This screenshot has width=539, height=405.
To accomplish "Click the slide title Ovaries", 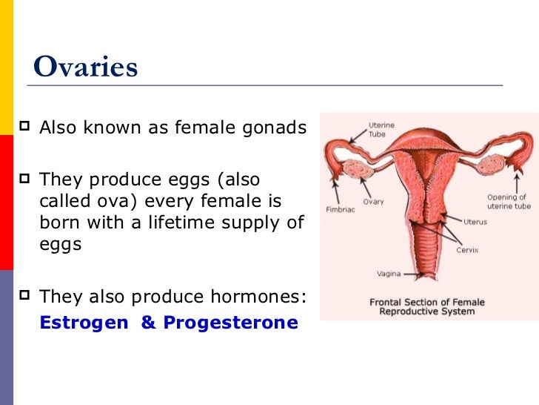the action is click(x=86, y=66).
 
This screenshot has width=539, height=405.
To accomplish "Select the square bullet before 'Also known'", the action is click(x=24, y=125).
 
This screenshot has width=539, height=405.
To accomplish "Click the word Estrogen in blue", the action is click(x=84, y=323).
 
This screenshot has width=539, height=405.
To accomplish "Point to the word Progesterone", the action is click(x=231, y=323).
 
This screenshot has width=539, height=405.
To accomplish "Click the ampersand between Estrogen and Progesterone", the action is click(x=148, y=322).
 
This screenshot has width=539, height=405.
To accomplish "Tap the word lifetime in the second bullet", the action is click(x=181, y=222).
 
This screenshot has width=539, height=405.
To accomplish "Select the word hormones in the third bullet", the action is click(x=258, y=296).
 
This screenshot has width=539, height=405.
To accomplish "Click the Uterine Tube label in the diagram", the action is click(x=381, y=130).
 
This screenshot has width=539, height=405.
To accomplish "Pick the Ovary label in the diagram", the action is click(x=373, y=202).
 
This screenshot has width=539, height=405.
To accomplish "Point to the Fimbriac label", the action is click(x=341, y=209).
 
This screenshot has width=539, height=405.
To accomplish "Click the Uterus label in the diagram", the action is click(x=475, y=222).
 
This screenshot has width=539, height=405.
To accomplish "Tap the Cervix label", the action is click(x=467, y=250).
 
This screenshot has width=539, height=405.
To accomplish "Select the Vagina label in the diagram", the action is click(x=389, y=274).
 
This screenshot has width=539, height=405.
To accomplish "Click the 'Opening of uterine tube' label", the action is click(x=509, y=202).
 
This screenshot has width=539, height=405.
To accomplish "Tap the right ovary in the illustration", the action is click(x=491, y=165).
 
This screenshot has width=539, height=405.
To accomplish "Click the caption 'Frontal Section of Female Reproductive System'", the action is click(x=427, y=307).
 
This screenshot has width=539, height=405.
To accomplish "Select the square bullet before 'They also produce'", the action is click(x=24, y=294).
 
